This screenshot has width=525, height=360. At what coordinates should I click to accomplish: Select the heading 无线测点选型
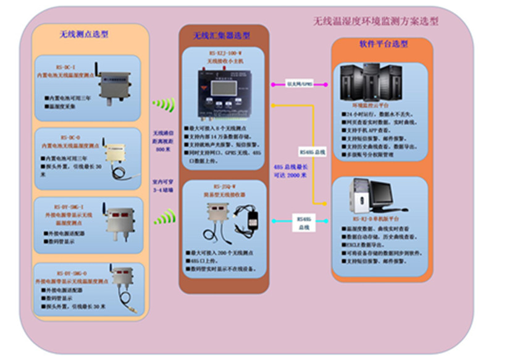84,35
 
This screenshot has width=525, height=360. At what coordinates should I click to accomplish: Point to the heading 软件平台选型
383,45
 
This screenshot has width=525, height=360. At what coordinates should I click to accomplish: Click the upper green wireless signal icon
164,106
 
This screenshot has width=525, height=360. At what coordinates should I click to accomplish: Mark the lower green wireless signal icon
164,217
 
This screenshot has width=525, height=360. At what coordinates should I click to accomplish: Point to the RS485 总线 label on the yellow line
311,151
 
